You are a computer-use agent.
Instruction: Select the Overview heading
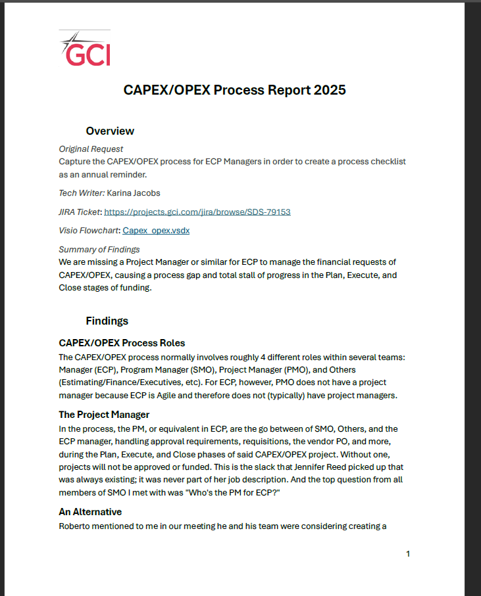tap(110, 131)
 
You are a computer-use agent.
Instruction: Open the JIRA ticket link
tap(197, 212)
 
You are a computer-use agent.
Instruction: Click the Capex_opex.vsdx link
tap(156, 231)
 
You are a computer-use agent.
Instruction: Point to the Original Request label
tap(91, 149)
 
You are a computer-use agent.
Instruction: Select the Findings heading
tap(107, 321)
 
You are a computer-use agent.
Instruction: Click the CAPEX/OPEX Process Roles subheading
tap(122, 343)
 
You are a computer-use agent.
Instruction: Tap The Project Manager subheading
tap(104, 415)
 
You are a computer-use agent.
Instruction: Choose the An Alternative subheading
tap(90, 512)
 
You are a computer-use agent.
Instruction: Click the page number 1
tap(408, 554)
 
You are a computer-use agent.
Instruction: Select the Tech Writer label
tap(81, 193)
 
